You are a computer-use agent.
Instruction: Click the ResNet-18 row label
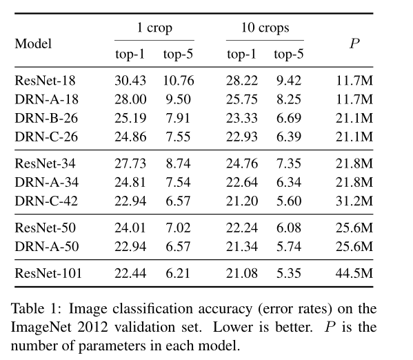click(x=45, y=81)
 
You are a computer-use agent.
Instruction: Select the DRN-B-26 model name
click(x=46, y=118)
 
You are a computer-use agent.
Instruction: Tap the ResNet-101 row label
click(x=48, y=273)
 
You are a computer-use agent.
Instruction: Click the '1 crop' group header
click(x=154, y=28)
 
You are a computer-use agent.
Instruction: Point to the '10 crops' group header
click(x=265, y=28)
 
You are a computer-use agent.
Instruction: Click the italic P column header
click(x=354, y=43)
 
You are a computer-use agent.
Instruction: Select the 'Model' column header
click(x=33, y=43)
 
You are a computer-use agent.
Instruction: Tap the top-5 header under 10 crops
click(x=289, y=54)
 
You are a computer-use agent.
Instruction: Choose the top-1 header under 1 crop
click(x=130, y=54)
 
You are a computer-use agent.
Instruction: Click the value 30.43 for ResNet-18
click(x=130, y=81)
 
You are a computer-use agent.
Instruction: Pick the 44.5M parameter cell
click(x=354, y=273)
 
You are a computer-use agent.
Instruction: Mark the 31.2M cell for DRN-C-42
click(x=354, y=201)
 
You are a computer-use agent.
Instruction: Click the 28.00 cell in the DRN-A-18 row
click(x=130, y=99)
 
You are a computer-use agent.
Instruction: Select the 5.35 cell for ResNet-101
click(x=289, y=273)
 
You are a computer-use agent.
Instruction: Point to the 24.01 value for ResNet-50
click(x=130, y=228)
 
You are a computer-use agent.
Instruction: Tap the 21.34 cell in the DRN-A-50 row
click(x=242, y=246)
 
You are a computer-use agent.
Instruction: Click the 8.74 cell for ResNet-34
click(x=178, y=163)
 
